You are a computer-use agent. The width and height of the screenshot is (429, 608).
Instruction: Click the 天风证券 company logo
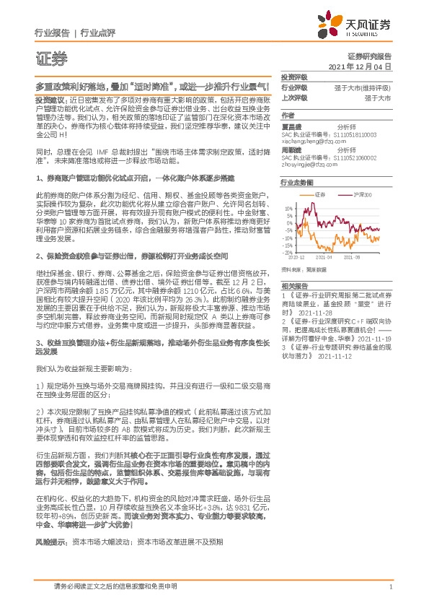(360, 26)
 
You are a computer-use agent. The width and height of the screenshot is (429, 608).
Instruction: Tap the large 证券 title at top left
(50, 58)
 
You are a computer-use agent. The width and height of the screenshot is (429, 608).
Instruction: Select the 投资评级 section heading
(294, 77)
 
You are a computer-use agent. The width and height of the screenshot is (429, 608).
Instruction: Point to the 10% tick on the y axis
(289, 207)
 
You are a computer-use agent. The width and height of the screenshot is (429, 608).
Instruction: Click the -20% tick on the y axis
(288, 253)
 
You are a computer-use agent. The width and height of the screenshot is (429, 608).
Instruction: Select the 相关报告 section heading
(294, 286)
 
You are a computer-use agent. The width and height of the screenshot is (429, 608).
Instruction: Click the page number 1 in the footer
(390, 586)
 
